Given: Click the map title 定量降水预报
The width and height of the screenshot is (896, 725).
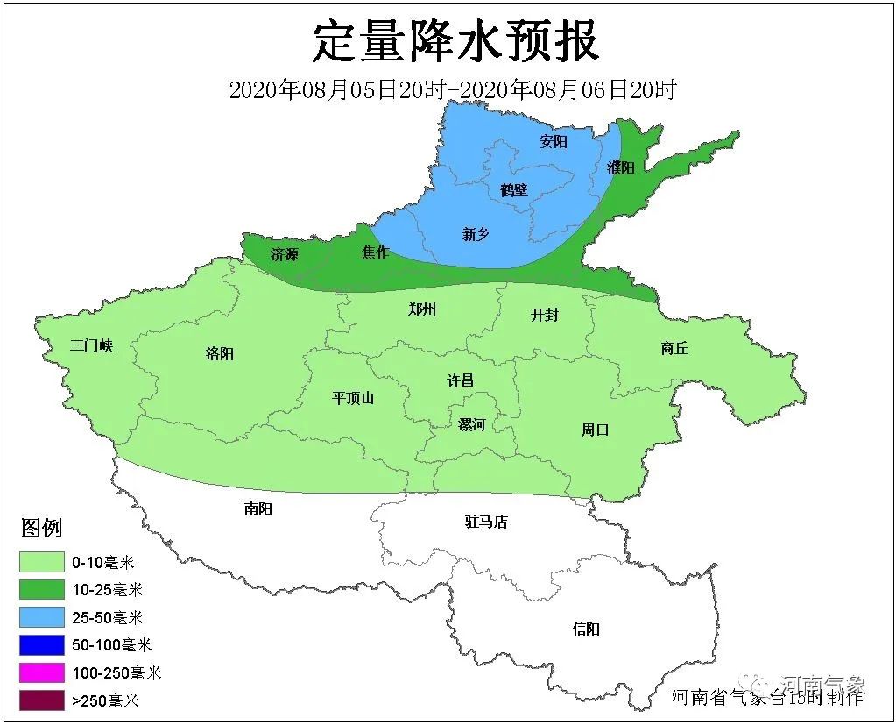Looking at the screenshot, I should click(456, 42).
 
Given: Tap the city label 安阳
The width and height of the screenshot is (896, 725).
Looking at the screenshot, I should click(554, 141).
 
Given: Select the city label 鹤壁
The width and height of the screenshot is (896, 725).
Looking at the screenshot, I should click(515, 188).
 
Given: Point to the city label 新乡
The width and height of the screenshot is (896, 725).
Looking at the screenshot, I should click(476, 233).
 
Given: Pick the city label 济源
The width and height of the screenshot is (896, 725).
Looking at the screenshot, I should click(285, 254).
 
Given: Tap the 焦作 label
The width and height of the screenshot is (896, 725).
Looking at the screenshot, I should click(375, 252).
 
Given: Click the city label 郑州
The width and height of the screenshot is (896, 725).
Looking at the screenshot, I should click(422, 309).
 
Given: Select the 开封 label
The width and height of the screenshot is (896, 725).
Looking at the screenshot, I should click(544, 315).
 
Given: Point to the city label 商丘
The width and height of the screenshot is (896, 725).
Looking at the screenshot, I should click(674, 348).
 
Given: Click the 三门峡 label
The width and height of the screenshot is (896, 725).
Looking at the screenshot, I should click(92, 345).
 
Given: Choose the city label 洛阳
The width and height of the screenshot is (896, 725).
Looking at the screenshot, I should click(220, 353).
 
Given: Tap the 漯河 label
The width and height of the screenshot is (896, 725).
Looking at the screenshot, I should click(471, 424).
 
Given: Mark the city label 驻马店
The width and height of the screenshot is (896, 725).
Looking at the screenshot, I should click(486, 522).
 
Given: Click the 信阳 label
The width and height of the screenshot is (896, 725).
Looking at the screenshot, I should click(586, 629).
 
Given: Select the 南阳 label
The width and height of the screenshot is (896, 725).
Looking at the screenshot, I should click(258, 508).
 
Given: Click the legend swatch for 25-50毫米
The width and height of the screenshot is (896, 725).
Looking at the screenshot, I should click(43, 617).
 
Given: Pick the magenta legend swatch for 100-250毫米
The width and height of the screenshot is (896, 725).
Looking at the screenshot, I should click(43, 672).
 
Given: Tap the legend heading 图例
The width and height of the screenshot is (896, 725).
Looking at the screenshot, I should click(41, 528).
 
